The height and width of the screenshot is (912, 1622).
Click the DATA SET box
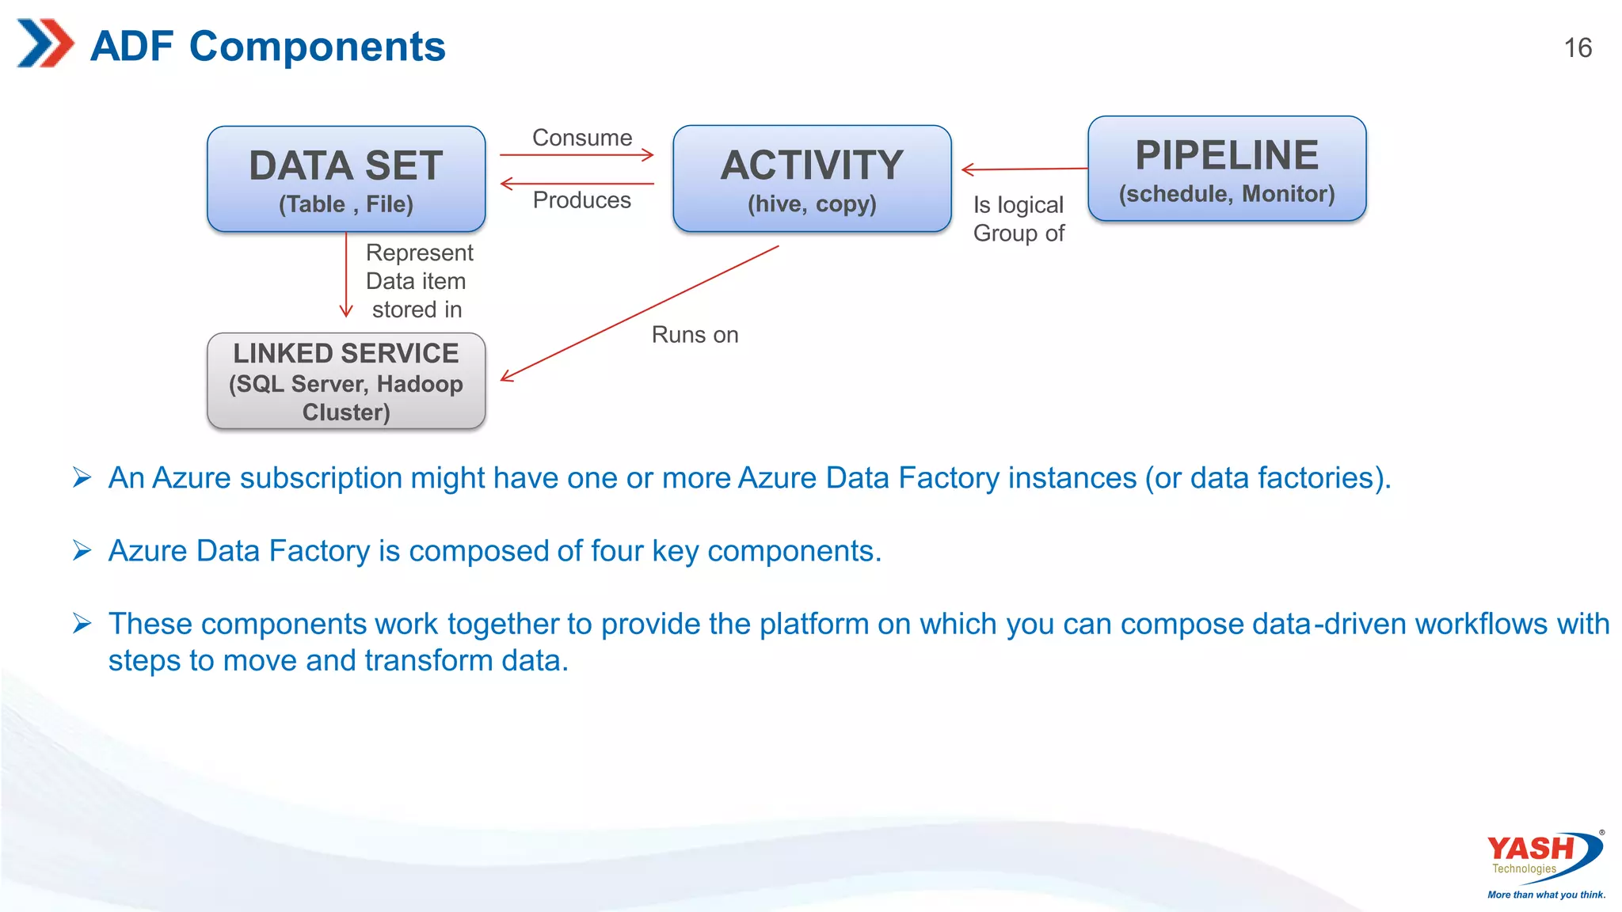tap(346, 179)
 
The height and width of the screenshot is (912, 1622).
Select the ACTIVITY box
tap(812, 179)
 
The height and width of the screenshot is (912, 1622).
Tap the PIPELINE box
tap(1227, 169)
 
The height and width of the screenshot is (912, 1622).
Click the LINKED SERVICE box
tap(346, 382)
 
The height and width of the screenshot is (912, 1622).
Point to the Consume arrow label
tap(582, 138)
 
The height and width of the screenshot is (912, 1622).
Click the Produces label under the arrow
tap(582, 200)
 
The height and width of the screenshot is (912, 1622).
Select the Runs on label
tap(695, 335)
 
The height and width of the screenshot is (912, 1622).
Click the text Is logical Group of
tap(1019, 219)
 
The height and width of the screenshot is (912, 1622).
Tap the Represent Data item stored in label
tap(418, 281)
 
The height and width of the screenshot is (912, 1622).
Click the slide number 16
tap(1578, 48)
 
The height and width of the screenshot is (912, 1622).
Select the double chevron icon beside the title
tap(45, 44)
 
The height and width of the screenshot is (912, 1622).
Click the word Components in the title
tap(317, 46)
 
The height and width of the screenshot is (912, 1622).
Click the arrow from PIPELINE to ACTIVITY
tap(1026, 169)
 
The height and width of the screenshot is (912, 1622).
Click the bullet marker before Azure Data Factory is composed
tap(82, 550)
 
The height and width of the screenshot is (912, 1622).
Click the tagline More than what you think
tap(1546, 895)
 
